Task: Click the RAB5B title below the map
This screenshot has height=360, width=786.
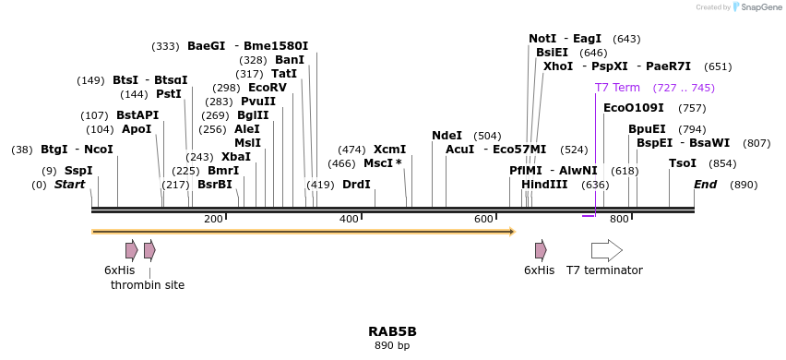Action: pos(392,331)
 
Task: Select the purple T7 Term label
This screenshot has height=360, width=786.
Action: pos(617,88)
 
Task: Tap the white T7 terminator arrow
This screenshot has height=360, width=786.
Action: pos(606,250)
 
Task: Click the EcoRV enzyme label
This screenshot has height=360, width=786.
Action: pos(268,88)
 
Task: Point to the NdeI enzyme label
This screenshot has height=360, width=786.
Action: pos(447,136)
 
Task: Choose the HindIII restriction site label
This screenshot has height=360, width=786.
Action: pos(544,185)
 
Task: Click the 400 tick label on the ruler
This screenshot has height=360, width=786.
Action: pos(349,219)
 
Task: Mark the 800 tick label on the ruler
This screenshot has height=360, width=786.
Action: pos(619,219)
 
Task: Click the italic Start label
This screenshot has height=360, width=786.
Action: pos(69,185)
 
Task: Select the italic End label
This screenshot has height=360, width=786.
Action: pos(705,185)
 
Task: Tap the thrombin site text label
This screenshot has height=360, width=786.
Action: pos(148,285)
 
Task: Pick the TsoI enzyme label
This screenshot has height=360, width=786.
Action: pos(683,163)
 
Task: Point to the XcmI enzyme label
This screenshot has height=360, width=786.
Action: pos(389,150)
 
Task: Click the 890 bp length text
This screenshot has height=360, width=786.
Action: pos(392,346)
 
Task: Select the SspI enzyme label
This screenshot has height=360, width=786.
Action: pos(78,171)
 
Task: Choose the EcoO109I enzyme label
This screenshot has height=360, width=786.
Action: pos(633,108)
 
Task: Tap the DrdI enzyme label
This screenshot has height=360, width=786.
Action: pos(356,185)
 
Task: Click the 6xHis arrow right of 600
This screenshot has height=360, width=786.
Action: pos(541,250)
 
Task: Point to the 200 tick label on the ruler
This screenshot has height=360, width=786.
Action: pos(213,219)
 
